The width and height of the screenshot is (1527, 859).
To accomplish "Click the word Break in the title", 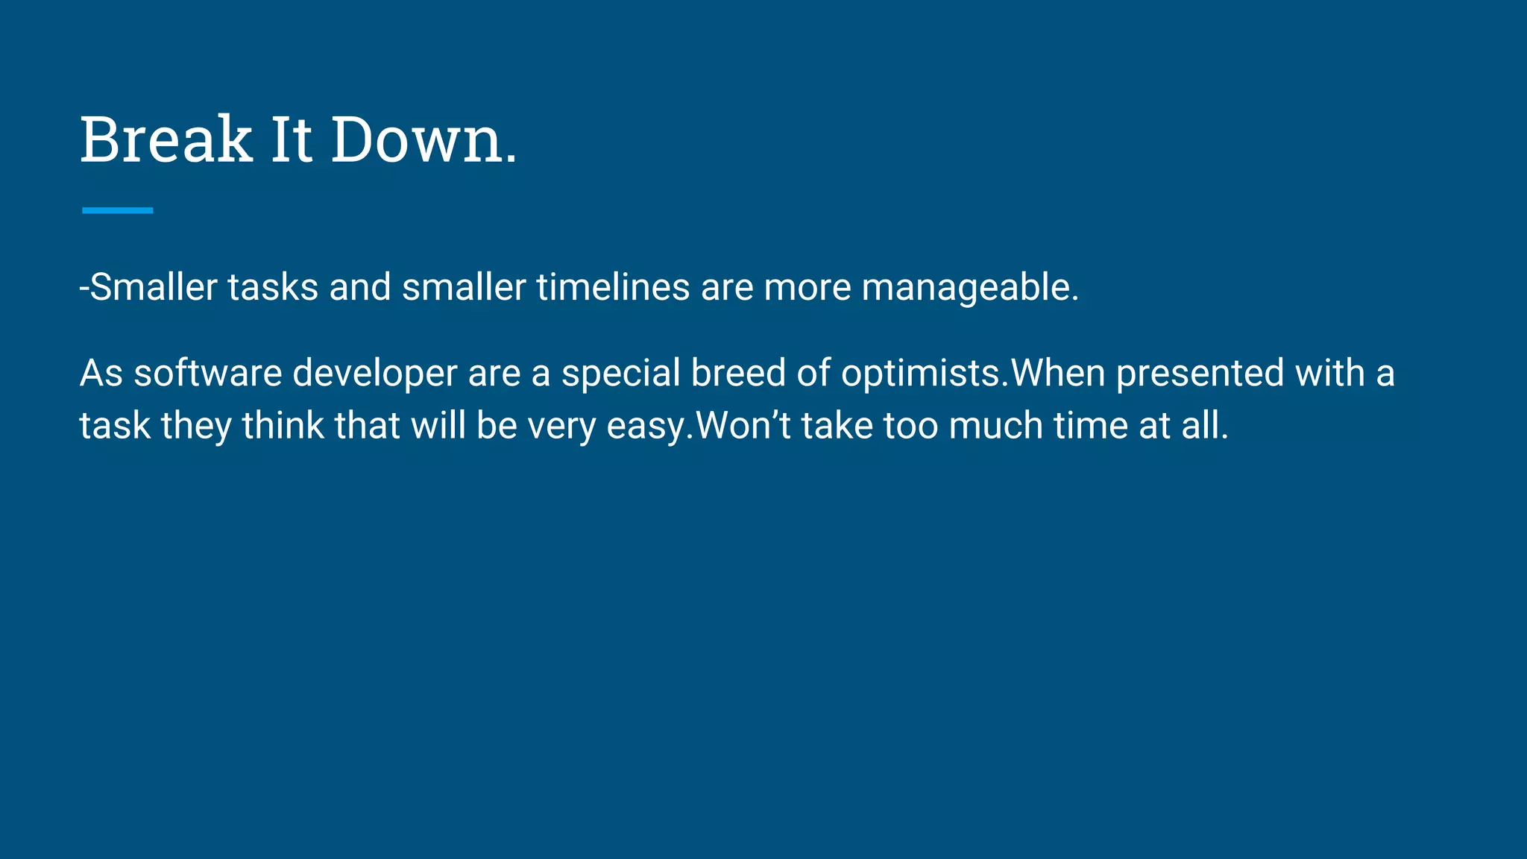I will pos(166,139).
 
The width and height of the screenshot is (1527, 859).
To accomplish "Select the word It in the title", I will pos(291,139).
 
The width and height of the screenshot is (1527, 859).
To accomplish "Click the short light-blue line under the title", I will pos(117,210).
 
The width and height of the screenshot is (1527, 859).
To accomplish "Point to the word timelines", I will pos(613,287).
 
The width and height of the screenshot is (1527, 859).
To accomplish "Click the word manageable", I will pos(970,287).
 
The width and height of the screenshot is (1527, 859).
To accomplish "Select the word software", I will pos(207,373).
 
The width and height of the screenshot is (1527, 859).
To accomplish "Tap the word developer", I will pos(374,373).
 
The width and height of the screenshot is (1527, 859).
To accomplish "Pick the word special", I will pos(620,373).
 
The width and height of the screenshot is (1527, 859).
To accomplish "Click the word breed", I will pos(738,373).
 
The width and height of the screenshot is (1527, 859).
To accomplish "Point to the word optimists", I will pos(925,373).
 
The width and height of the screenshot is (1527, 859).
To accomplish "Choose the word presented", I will pos(1200,373).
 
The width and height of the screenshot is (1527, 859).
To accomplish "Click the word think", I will pos(283,426).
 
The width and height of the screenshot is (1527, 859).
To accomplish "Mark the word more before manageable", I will pos(807,287).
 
